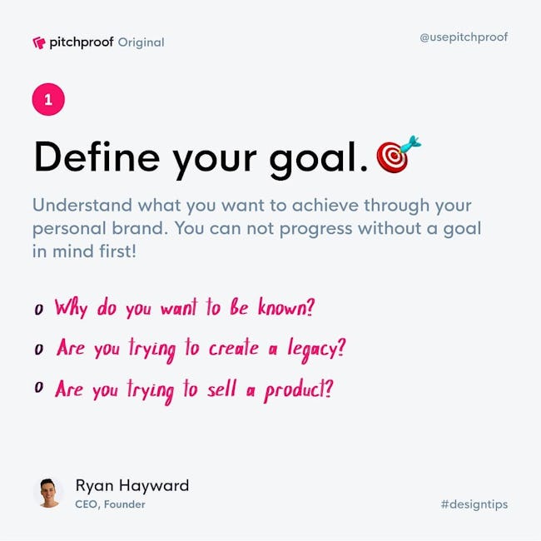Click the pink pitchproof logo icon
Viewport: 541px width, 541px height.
tap(39, 42)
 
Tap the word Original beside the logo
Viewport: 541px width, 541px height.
tap(141, 42)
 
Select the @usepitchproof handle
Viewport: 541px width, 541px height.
tap(464, 37)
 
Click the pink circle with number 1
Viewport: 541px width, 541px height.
tap(48, 99)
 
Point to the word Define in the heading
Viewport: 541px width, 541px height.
tap(97, 156)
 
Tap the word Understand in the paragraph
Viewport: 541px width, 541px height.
tap(82, 205)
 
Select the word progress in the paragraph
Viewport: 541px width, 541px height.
tap(315, 229)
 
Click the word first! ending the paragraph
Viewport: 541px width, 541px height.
tap(117, 251)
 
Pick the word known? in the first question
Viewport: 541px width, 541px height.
tap(286, 307)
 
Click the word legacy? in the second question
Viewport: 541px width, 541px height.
tap(316, 350)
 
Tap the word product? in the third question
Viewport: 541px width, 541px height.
tap(299, 390)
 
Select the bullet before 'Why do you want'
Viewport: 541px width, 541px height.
tap(38, 309)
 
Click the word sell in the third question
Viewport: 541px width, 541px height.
tap(222, 389)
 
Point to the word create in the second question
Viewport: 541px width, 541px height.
tap(234, 348)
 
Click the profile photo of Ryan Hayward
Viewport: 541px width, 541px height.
tap(48, 493)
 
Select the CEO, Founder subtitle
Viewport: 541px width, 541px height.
tap(110, 504)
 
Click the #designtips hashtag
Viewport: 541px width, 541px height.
tap(474, 504)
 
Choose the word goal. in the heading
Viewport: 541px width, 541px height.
tap(319, 160)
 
